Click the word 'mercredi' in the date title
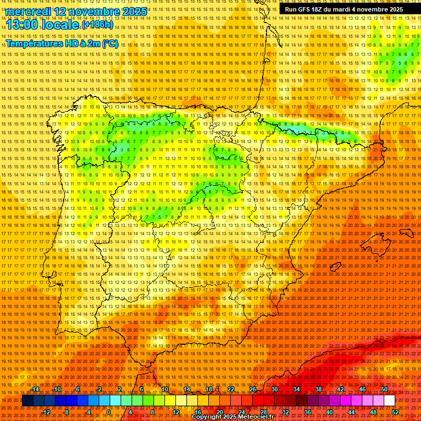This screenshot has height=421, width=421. click(29, 12)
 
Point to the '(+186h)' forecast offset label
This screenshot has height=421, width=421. click(98, 25)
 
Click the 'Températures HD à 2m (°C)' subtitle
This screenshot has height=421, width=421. click(62, 44)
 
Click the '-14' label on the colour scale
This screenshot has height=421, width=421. click(36, 389)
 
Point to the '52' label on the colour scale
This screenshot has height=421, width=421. click(395, 412)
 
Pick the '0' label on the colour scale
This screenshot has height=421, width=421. click(109, 412)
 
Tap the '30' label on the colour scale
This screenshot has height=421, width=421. click(275, 389)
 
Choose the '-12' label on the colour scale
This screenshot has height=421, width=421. click(46, 412)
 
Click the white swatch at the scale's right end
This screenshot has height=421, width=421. click(390, 401)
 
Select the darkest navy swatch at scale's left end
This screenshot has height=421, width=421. click(27, 401)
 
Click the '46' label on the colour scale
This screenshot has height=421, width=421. click(362, 389)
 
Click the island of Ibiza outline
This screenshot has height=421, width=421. click(335, 269)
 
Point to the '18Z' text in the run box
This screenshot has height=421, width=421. click(317, 9)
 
